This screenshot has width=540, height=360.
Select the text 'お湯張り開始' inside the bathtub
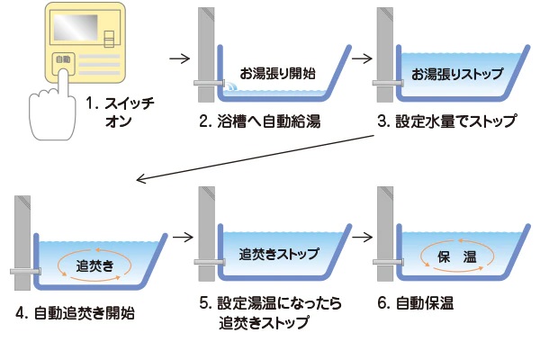(x=276, y=72)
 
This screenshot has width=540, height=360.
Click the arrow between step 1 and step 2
(x=179, y=60)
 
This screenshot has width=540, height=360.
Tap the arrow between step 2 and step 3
(x=363, y=60)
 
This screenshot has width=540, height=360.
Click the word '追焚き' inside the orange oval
(x=94, y=265)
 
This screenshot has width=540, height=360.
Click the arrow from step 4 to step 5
(x=182, y=239)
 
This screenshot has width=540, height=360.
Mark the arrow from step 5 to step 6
(x=363, y=239)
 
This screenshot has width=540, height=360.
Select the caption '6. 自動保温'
(x=424, y=304)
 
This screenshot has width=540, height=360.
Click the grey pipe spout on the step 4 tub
(x=22, y=270)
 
